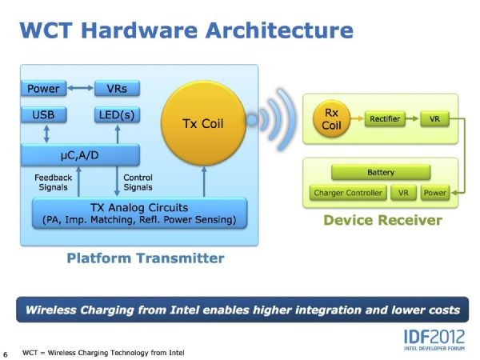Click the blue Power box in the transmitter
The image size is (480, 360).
[x=43, y=88]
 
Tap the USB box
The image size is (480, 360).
[x=43, y=115]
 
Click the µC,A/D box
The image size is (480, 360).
[x=80, y=152]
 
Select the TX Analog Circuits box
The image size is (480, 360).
[x=139, y=214]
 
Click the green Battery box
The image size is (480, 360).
[x=380, y=172]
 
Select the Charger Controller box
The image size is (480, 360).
[x=348, y=193]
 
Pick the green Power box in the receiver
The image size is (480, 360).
[x=435, y=193]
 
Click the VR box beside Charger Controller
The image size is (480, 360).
[x=403, y=193]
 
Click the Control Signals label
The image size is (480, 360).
[x=138, y=182]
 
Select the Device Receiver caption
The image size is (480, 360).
[x=382, y=220]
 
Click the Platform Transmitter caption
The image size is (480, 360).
[x=145, y=258]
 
